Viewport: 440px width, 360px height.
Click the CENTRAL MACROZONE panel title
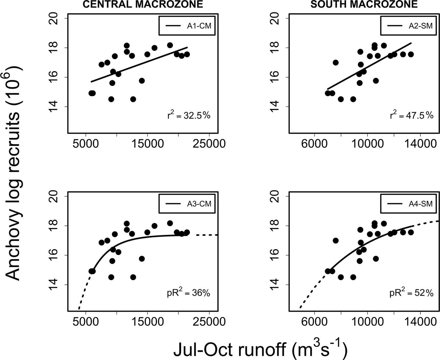[x=142, y=4]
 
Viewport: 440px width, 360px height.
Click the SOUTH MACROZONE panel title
[x=364, y=4]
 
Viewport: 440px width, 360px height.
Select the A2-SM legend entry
[x=409, y=26]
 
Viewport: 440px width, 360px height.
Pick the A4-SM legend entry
[x=409, y=204]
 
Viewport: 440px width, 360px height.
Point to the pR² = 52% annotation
[x=412, y=293]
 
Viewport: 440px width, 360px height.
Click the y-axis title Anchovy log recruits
[x=15, y=173]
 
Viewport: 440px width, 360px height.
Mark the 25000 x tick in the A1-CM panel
[x=209, y=143]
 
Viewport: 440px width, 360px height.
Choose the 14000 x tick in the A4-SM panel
[x=420, y=322]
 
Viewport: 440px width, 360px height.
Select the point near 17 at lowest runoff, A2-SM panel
[x=336, y=63]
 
